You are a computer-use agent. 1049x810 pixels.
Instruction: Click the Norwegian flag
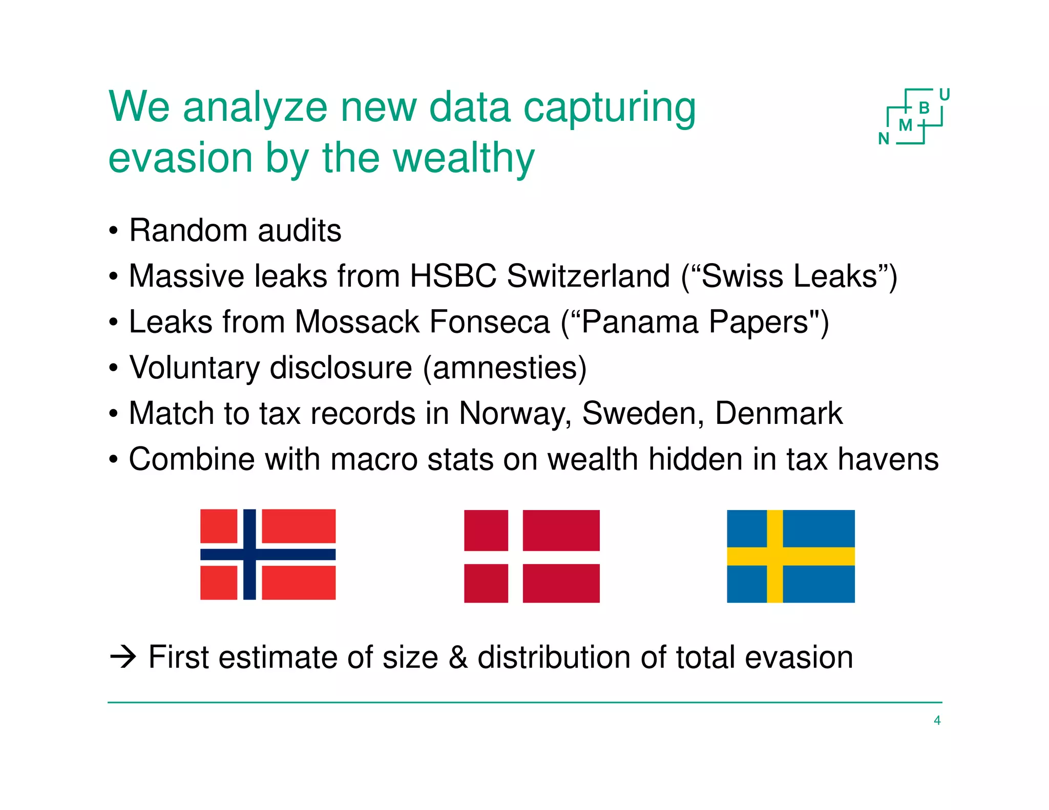(x=268, y=554)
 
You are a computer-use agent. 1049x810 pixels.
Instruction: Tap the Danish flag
(x=532, y=556)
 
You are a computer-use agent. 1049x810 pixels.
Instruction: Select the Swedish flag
(x=791, y=556)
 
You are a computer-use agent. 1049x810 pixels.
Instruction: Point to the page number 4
(x=937, y=720)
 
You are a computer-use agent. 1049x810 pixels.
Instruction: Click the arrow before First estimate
(x=123, y=657)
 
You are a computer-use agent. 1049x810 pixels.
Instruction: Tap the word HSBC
(x=453, y=276)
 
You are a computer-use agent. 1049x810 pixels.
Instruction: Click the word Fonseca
(x=489, y=322)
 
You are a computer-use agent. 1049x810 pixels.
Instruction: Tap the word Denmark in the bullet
(x=779, y=413)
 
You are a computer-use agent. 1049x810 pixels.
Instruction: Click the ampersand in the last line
(x=458, y=657)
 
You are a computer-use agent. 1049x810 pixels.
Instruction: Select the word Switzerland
(x=588, y=276)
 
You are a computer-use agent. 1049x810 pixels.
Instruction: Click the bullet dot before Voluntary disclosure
(x=114, y=368)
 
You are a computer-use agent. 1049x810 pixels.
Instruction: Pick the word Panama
(x=640, y=322)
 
